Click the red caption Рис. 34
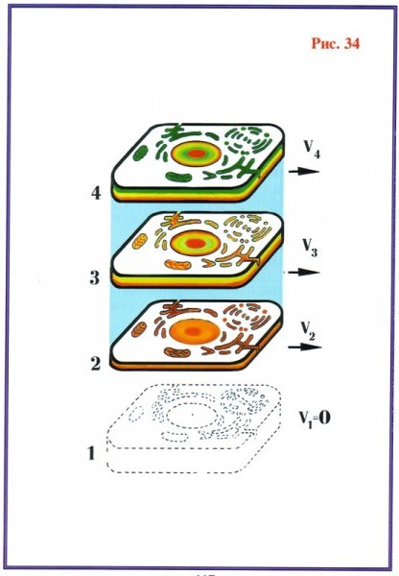pos(336,43)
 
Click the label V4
pos(312,149)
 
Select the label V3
pos(310,248)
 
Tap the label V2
pos(308,331)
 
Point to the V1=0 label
pos(314,418)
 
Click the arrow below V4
pos(304,171)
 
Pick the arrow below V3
pos(304,273)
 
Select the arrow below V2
pos(305,348)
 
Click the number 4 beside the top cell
pos(96,193)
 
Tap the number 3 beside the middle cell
pos(95,277)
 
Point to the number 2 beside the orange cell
pos(96,364)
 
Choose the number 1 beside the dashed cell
pos(91,453)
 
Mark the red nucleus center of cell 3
pos(195,243)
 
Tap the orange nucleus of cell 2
pos(195,331)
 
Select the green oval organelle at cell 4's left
pos(139,153)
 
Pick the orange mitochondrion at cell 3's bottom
pos(178,264)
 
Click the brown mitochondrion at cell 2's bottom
pos(177,353)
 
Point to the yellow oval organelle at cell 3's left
pos(139,241)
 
